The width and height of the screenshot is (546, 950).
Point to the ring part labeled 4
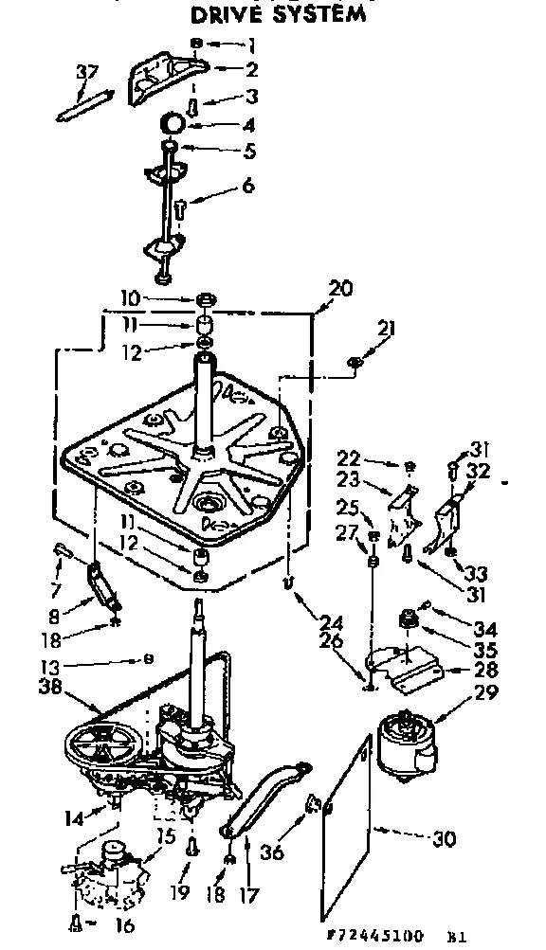point(172,122)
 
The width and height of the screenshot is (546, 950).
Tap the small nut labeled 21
point(354,361)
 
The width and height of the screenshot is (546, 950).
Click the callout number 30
point(445,837)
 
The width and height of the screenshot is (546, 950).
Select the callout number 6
point(247,187)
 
